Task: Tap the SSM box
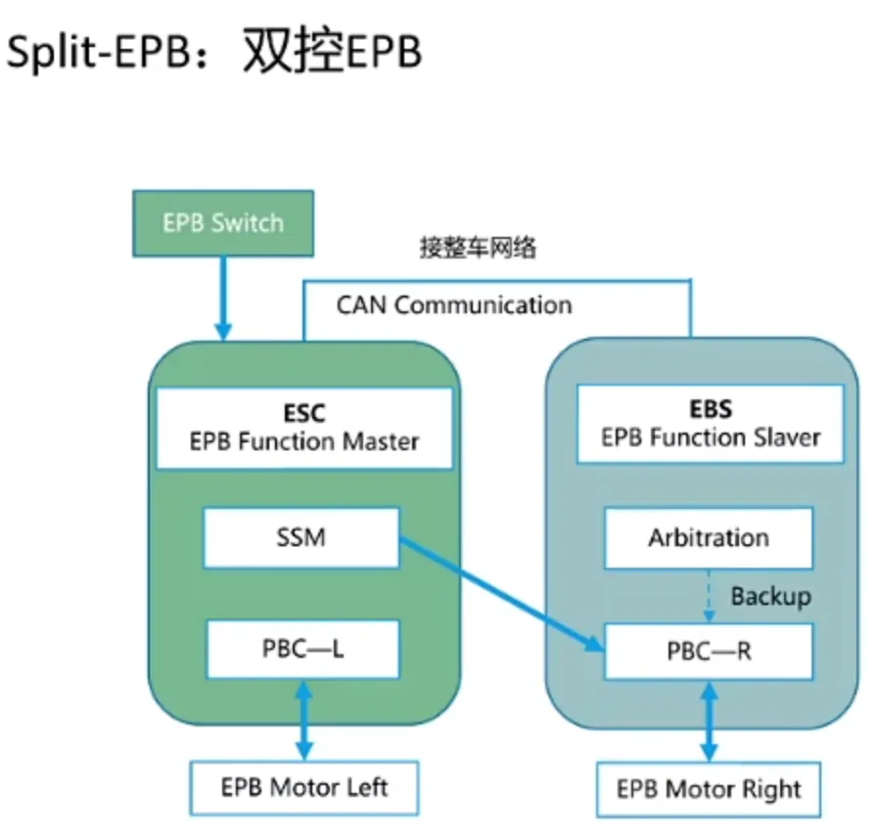click(x=301, y=537)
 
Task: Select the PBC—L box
click(x=302, y=648)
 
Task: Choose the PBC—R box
click(x=708, y=650)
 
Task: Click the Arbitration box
click(x=708, y=537)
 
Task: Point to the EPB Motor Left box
click(x=304, y=786)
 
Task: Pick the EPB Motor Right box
click(x=708, y=789)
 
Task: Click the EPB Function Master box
click(x=302, y=428)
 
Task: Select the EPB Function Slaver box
click(x=710, y=424)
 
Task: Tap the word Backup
click(x=770, y=595)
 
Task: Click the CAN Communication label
click(x=453, y=304)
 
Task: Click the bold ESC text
click(x=303, y=413)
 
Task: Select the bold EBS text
click(x=711, y=409)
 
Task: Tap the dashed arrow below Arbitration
click(x=710, y=595)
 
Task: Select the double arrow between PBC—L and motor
click(x=303, y=719)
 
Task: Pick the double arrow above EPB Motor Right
click(x=709, y=721)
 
